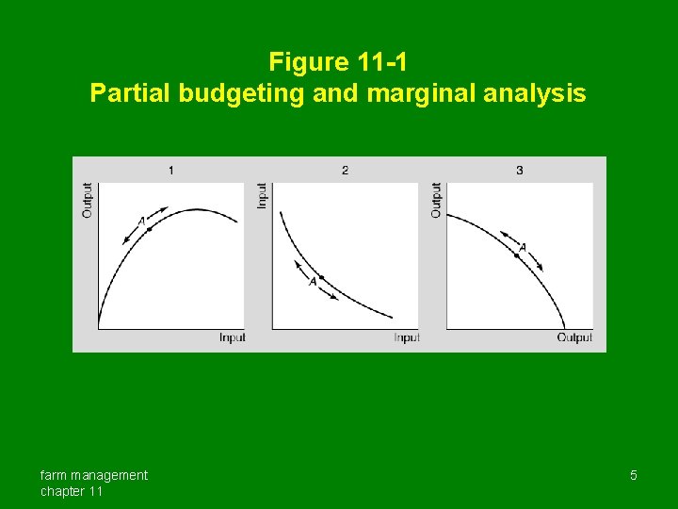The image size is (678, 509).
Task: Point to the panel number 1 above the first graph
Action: point(170,170)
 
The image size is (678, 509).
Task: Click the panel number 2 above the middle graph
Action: point(345,170)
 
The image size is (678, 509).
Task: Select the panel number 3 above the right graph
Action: point(520,170)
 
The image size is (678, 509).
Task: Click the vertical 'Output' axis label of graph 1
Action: point(88,200)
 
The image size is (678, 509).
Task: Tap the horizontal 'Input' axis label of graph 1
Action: point(232,337)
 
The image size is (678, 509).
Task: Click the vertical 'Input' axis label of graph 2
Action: point(263,196)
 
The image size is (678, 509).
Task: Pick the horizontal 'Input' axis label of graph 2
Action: point(406,337)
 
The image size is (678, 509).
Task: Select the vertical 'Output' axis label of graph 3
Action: point(436,200)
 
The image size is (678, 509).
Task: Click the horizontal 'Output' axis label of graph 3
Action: point(574,337)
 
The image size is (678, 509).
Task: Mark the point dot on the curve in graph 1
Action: point(149,228)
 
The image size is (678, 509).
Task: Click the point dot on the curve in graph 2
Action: point(321,277)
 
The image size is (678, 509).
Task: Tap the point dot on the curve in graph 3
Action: point(517,255)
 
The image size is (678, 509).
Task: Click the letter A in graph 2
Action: point(313,282)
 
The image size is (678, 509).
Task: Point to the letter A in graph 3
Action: point(523,247)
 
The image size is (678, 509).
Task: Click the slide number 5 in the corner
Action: point(634,475)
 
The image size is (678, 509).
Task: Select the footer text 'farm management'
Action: point(93,475)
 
